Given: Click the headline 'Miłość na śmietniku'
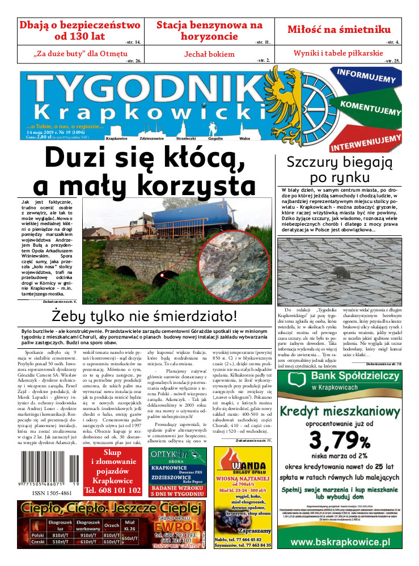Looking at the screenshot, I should point(338,29).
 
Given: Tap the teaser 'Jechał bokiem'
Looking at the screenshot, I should point(209,54).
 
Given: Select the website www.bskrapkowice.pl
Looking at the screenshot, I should point(349,542).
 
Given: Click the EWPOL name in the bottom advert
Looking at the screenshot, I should point(172,525).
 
